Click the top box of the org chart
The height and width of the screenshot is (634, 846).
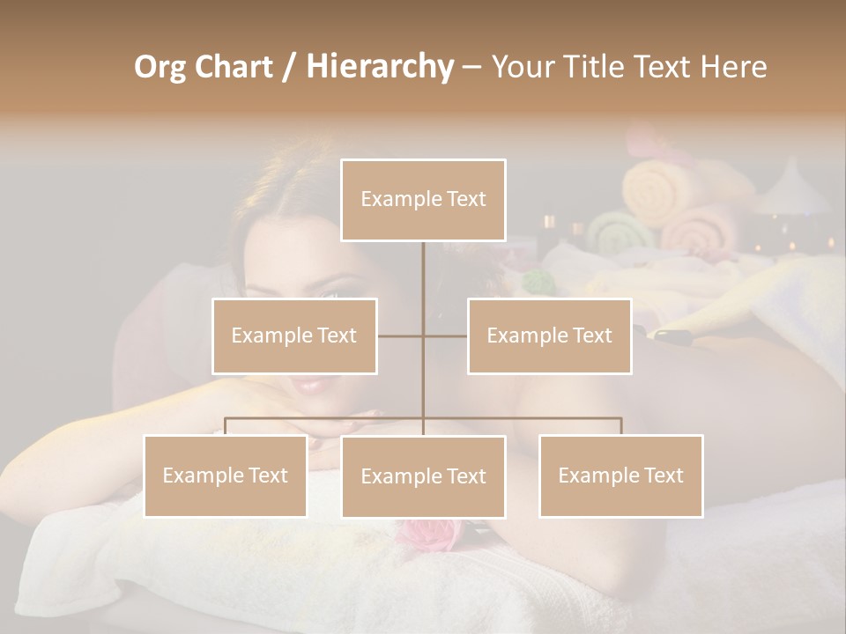[x=423, y=200]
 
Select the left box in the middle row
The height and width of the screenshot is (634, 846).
[x=294, y=335]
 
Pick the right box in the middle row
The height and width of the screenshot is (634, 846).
[x=549, y=335]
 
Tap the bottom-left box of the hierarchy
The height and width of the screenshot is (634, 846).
[x=226, y=475]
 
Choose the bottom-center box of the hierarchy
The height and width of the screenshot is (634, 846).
[x=423, y=476]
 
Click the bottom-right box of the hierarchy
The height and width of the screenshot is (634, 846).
[x=620, y=475]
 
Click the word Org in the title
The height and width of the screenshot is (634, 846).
[x=160, y=67]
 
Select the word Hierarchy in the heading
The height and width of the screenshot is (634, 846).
[x=380, y=67]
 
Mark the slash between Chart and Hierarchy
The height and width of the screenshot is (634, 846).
[x=290, y=67]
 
